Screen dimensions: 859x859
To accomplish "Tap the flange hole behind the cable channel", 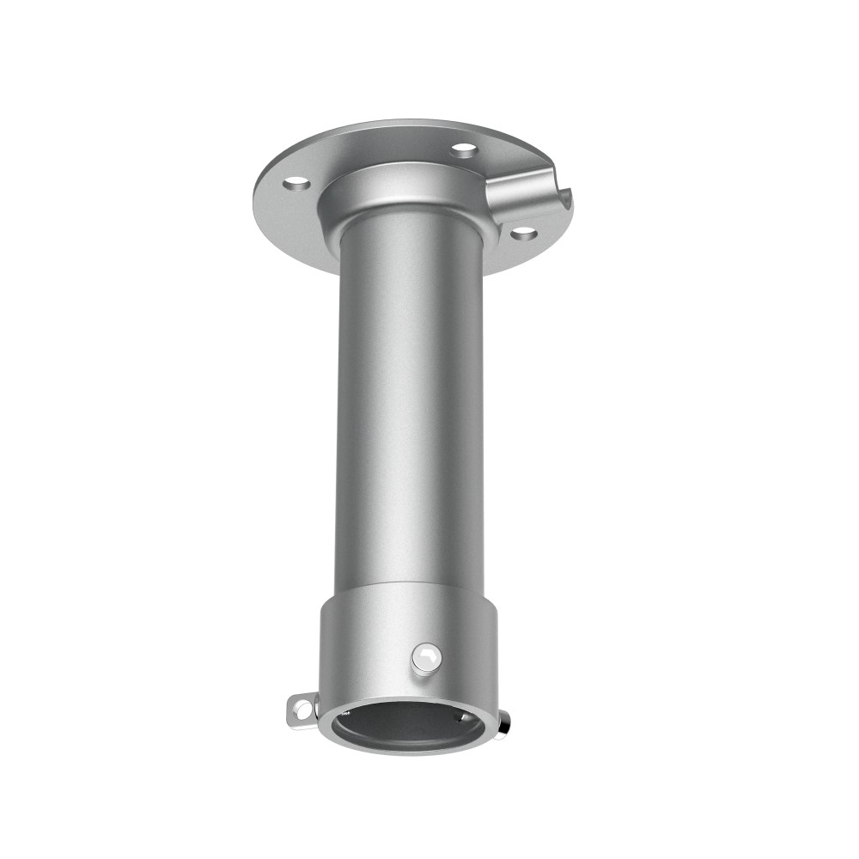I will click(464, 150).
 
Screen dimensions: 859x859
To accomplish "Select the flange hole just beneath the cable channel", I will click(523, 232).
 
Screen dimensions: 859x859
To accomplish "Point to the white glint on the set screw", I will click(422, 655).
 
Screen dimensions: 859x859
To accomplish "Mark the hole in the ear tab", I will click(301, 709).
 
